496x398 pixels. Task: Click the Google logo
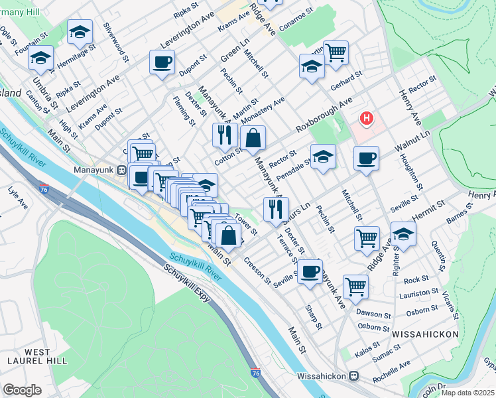pos(21,389)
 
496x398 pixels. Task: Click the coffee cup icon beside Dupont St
pos(162,63)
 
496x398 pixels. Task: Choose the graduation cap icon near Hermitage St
pos(79,32)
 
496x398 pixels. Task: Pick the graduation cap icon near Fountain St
pos(40,58)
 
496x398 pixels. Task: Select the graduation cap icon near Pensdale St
pos(323,157)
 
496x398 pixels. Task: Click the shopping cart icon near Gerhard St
pos(336,52)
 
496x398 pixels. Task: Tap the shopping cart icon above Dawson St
pos(355,287)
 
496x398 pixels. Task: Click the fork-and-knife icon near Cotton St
pos(225,135)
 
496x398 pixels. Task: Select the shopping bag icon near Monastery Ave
pos(253,138)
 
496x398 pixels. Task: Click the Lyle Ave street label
pos(18,197)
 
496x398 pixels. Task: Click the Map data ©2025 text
pos(467,393)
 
